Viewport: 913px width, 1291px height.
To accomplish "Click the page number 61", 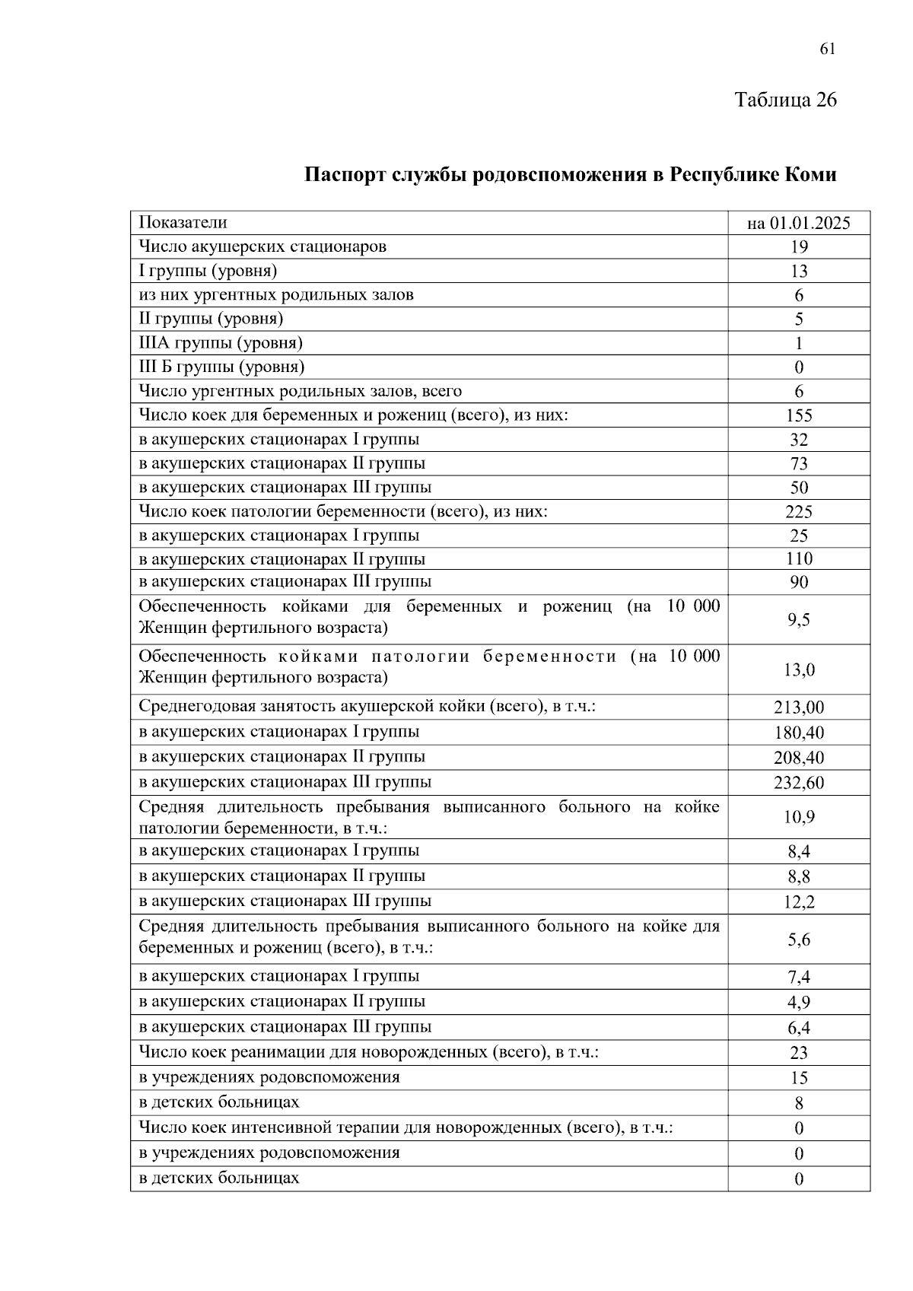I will tap(828, 49).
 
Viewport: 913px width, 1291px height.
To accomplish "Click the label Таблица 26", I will tap(785, 100).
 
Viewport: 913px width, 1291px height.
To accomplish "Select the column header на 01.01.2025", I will tap(798, 223).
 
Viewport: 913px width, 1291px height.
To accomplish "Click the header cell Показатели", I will tap(183, 223).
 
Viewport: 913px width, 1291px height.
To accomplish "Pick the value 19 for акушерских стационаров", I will tap(799, 246).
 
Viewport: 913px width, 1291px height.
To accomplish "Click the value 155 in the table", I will tap(799, 415).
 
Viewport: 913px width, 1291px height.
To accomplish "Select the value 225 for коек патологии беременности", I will tap(799, 511).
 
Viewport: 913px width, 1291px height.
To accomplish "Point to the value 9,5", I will tap(799, 620).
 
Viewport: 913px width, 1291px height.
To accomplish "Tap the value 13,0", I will tap(799, 669).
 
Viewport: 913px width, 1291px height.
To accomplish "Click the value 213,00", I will tap(799, 708).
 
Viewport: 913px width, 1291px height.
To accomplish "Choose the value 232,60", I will tap(799, 783).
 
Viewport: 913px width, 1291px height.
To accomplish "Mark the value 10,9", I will tap(799, 817).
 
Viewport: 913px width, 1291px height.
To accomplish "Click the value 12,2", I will tap(799, 902).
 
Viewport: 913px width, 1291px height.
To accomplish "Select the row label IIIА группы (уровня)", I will tap(221, 343).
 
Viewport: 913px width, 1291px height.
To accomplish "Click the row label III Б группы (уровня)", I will tap(221, 367).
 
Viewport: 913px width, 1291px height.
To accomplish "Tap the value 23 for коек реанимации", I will tap(799, 1053).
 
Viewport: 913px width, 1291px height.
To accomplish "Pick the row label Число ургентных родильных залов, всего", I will tap(300, 391).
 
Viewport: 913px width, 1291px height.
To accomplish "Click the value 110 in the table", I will tap(799, 559).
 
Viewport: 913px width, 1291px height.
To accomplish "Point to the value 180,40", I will tap(799, 733).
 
